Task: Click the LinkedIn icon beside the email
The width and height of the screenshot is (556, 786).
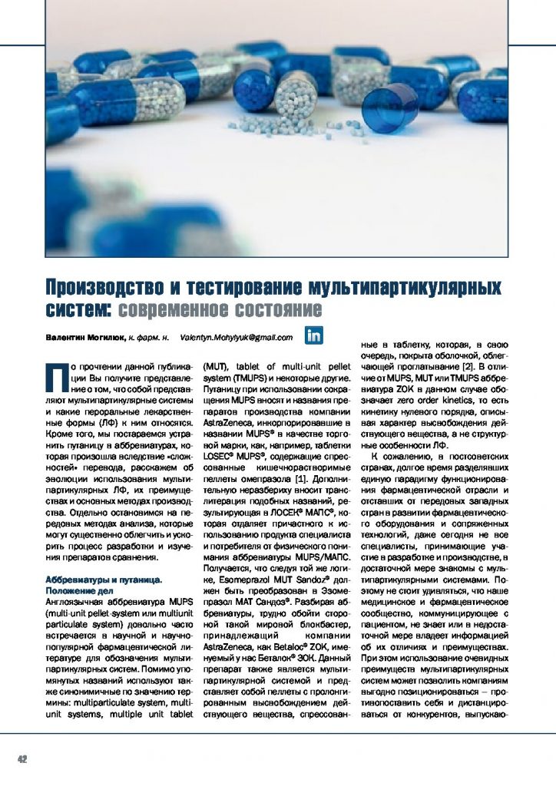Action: point(315,335)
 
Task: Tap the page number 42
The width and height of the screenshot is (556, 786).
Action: point(22,759)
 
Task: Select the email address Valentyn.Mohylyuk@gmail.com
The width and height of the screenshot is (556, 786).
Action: point(237,337)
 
